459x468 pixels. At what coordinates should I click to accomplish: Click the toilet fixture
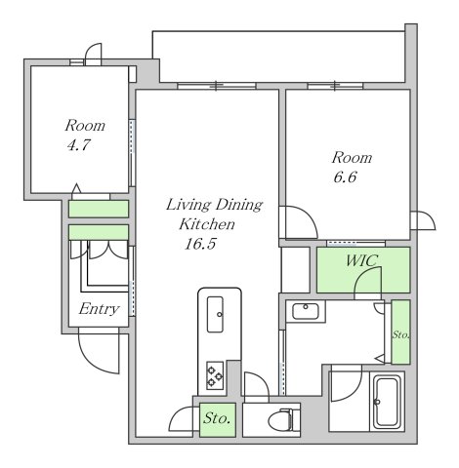pyautogui.click(x=284, y=420)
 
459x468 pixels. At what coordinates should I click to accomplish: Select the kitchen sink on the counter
pyautogui.click(x=215, y=314)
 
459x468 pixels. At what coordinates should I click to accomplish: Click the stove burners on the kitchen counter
pyautogui.click(x=215, y=375)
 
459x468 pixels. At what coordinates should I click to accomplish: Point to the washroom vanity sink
pyautogui.click(x=306, y=311)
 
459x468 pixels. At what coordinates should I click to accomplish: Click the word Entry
pyautogui.click(x=99, y=309)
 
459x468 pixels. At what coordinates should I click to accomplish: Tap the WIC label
pyautogui.click(x=361, y=260)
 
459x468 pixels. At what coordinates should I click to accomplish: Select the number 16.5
pyautogui.click(x=200, y=244)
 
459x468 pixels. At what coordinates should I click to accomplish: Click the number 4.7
pyautogui.click(x=78, y=145)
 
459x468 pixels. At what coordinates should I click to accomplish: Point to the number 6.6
pyautogui.click(x=345, y=177)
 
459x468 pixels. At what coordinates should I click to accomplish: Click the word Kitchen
pyautogui.click(x=207, y=224)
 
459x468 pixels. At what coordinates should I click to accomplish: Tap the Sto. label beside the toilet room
pyautogui.click(x=217, y=418)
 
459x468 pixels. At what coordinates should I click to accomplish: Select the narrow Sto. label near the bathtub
pyautogui.click(x=400, y=334)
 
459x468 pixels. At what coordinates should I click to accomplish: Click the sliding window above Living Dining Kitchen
pyautogui.click(x=217, y=86)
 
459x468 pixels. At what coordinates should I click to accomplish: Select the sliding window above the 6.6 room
pyautogui.click(x=335, y=86)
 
